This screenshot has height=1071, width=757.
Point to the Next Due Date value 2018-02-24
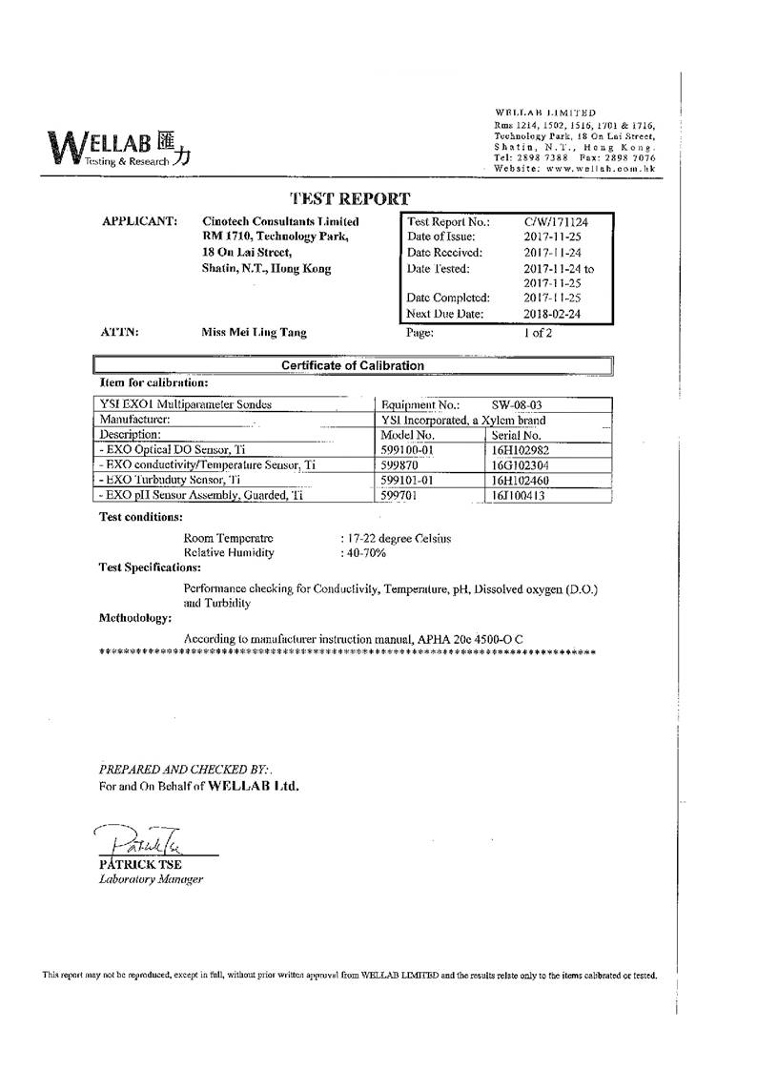(551, 313)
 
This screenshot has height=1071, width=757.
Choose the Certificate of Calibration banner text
(352, 365)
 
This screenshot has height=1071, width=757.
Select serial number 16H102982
(521, 449)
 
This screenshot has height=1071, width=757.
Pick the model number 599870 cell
(399, 464)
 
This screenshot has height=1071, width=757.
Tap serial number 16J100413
(520, 496)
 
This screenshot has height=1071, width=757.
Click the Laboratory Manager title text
(151, 879)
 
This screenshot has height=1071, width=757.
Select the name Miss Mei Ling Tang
(254, 333)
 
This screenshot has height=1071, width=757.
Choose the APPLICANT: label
(138, 221)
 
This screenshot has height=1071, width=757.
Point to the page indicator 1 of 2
(537, 333)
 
